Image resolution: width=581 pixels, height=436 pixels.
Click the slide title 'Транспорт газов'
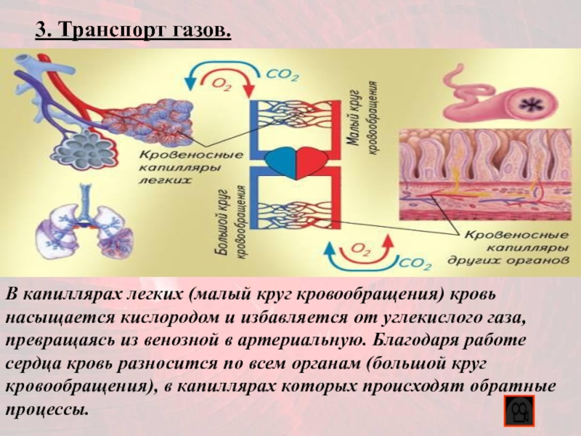(134, 31)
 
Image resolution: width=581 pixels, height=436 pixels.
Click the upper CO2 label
(283, 74)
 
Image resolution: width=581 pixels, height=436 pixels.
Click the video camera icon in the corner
(518, 413)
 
